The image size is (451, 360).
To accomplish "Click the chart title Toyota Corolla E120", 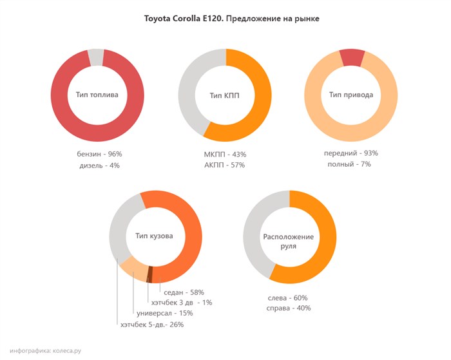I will (231, 19).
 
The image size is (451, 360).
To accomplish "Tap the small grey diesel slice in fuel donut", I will (96, 57).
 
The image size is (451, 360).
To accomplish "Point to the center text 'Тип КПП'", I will (224, 95).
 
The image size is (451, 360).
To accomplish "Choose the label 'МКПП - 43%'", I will (224, 154).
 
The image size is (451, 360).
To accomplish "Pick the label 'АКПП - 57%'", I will (224, 166).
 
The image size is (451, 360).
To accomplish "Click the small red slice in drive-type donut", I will (352, 57).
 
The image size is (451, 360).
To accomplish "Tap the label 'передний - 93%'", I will (351, 153).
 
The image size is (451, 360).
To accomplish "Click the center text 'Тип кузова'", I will (155, 236).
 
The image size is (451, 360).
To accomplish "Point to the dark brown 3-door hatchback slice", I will (149, 274).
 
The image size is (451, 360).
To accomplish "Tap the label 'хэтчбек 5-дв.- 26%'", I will (152, 325).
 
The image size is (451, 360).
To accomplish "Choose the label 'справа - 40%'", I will (288, 308).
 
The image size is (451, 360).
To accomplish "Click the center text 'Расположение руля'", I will (289, 241).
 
